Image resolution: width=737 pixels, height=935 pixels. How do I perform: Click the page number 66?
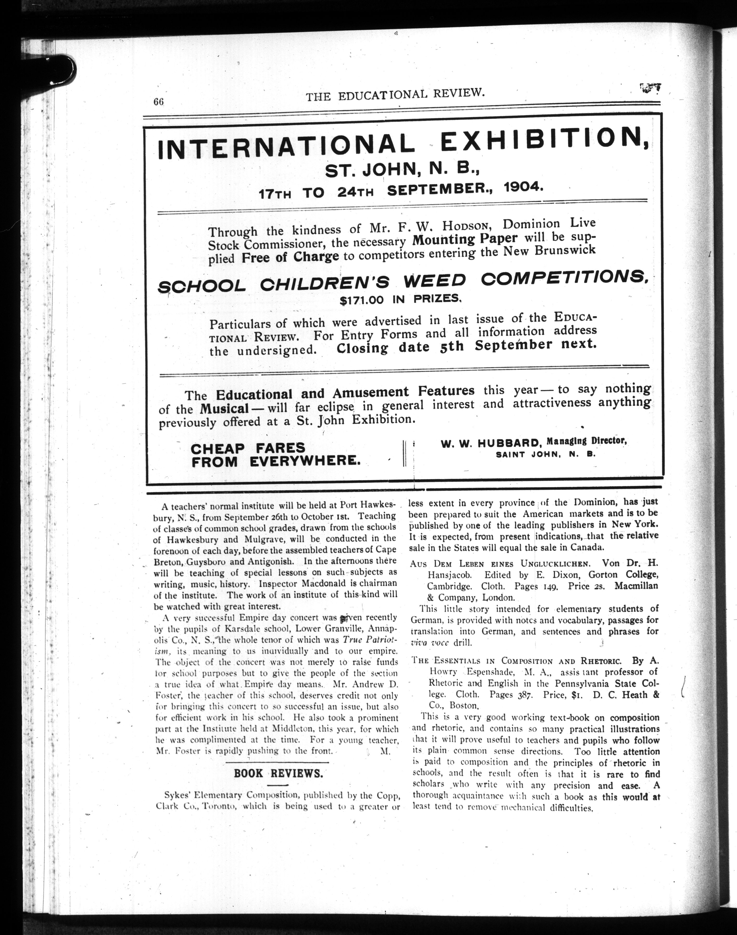click(x=158, y=102)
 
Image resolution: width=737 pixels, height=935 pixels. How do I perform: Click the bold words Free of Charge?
click(x=290, y=258)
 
